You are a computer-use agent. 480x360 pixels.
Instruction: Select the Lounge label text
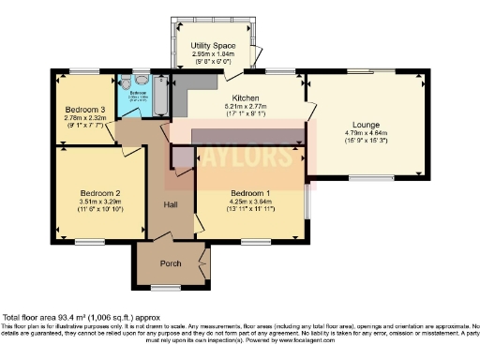367,124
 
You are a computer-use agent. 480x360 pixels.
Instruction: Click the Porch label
171,263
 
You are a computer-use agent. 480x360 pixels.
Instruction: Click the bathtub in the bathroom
157,97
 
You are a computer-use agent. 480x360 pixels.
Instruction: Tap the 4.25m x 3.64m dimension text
250,198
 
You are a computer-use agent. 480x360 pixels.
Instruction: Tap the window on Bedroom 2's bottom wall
89,242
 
